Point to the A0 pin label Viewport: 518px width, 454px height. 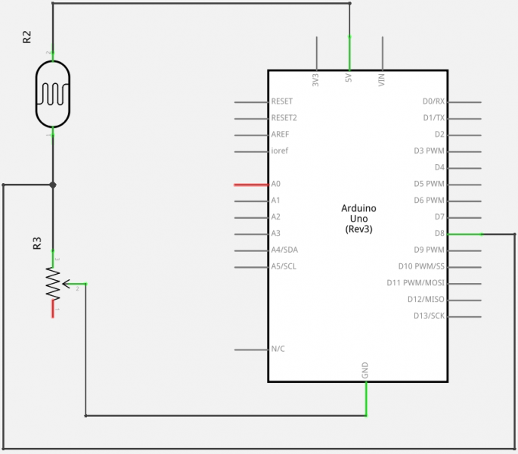tap(276, 184)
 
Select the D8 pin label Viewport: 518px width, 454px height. tap(439, 234)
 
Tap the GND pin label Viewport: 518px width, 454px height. tap(365, 371)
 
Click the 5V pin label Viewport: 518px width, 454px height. tap(349, 78)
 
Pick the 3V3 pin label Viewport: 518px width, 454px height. tap(315, 79)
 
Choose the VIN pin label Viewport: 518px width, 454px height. tap(383, 79)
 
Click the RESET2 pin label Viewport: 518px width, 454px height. tap(284, 118)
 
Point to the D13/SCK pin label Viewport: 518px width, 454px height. tap(429, 316)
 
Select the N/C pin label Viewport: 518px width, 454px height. tap(278, 349)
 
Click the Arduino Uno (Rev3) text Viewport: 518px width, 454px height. tap(358, 218)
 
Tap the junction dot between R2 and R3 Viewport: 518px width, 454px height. tap(53, 184)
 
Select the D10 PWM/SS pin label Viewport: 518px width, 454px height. tap(421, 266)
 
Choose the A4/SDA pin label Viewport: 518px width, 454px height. tap(284, 250)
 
